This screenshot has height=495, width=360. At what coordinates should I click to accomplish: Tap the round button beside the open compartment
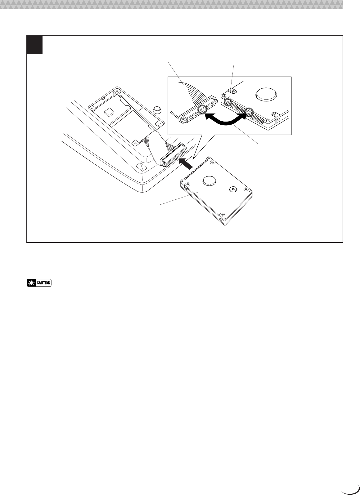[x=158, y=109]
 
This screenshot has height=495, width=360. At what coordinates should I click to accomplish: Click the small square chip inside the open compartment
[x=110, y=112]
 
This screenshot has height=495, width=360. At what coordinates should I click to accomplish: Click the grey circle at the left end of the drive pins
[x=228, y=102]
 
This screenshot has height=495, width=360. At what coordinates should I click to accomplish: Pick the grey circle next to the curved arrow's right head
[x=250, y=112]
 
